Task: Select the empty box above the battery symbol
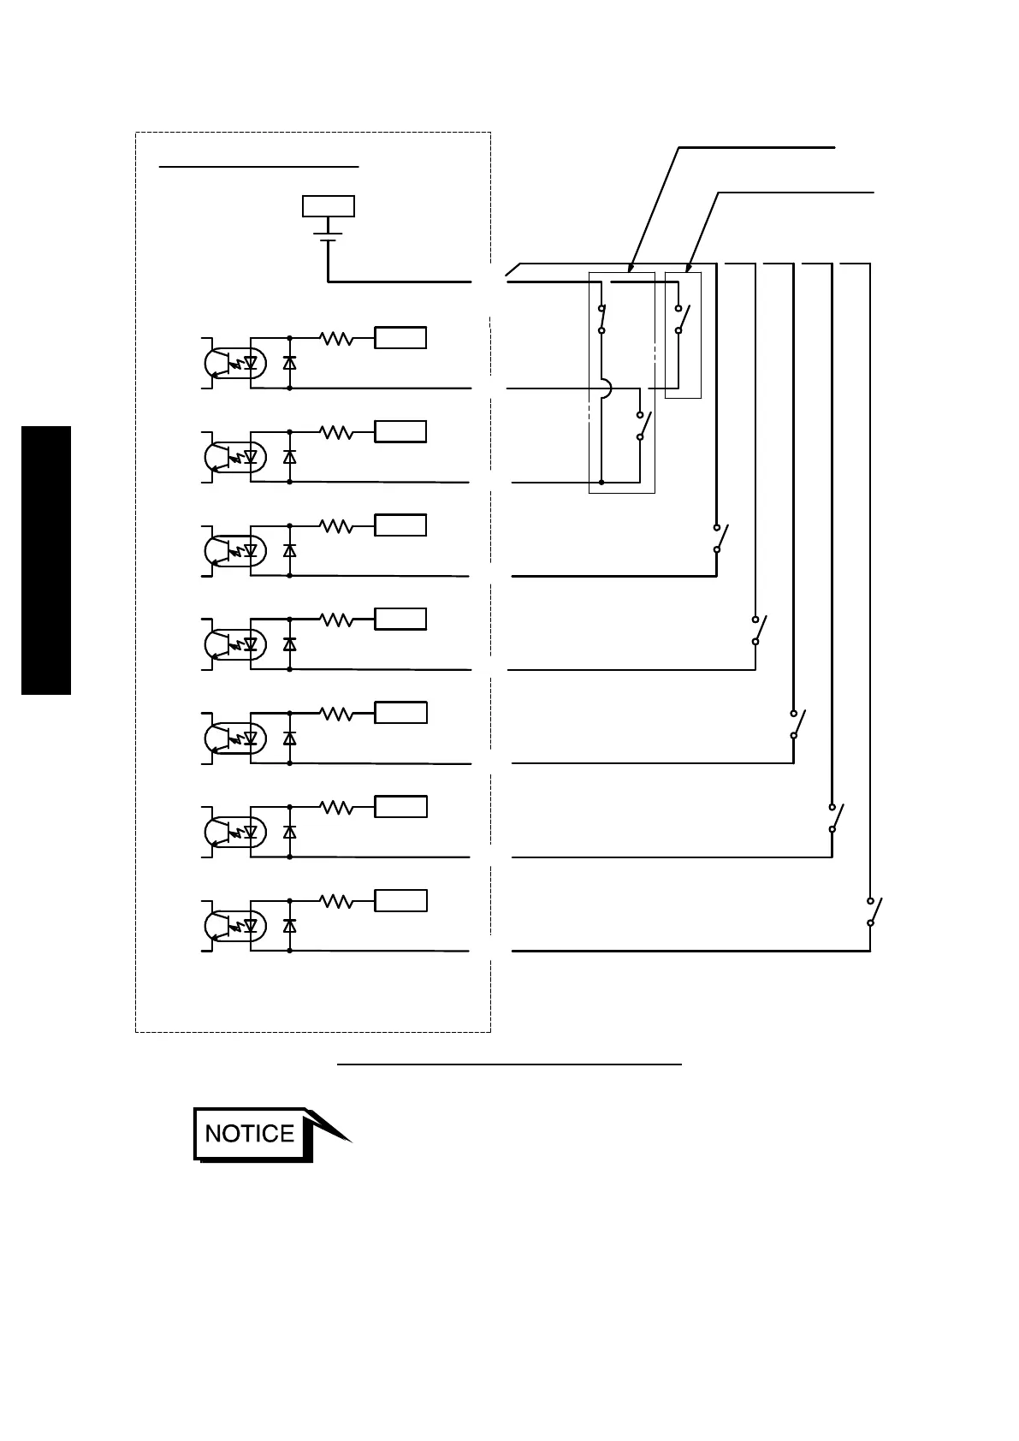point(329,206)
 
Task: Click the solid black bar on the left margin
point(46,560)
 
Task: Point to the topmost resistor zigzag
point(337,339)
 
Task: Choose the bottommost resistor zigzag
point(337,901)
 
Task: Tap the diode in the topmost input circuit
point(290,363)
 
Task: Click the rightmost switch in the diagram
point(873,911)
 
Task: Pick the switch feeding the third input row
point(720,537)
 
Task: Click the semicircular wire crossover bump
point(606,388)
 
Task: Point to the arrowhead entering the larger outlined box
point(630,268)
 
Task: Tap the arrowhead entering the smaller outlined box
point(689,268)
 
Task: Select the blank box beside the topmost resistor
point(400,338)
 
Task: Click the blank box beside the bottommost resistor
point(400,900)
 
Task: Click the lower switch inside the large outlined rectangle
point(643,426)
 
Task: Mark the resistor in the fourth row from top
point(337,620)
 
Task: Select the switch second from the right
point(834,818)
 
